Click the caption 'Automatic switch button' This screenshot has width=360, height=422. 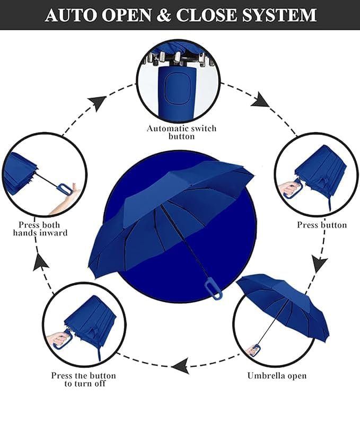pyautogui.click(x=181, y=132)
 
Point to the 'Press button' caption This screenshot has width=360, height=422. pyautogui.click(x=322, y=225)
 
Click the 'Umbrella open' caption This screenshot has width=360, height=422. pyautogui.click(x=277, y=375)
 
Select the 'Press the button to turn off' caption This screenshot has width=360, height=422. pyautogui.click(x=83, y=379)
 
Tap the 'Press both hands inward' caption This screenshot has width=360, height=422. pyautogui.click(x=40, y=228)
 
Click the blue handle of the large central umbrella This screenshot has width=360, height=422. pyautogui.click(x=209, y=289)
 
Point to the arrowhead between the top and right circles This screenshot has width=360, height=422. pyautogui.click(x=261, y=99)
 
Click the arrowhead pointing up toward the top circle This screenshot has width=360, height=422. pyautogui.click(x=98, y=102)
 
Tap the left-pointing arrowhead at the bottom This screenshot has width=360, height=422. pyautogui.click(x=180, y=365)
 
